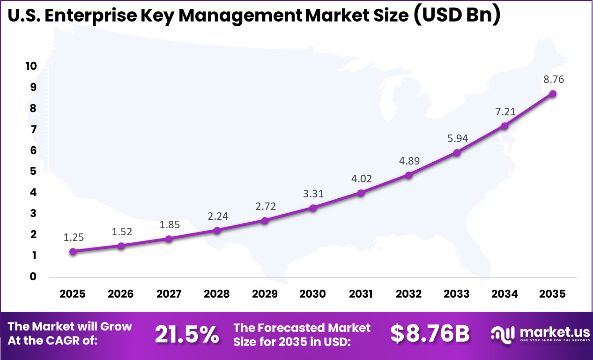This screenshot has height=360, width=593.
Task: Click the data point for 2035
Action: point(553,93)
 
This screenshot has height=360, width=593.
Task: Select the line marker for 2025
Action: point(73,251)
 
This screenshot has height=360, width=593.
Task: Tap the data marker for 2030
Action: point(313,208)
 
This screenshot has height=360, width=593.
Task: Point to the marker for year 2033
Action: point(457,152)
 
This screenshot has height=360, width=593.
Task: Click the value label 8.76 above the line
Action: point(553,79)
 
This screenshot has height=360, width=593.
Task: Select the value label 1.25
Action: point(74,237)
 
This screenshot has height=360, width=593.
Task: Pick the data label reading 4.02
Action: point(361,179)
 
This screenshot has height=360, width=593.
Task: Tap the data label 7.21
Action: point(505,112)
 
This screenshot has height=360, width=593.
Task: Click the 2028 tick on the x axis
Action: point(217,294)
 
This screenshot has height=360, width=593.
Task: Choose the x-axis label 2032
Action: point(408,294)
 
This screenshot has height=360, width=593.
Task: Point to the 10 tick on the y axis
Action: point(31,66)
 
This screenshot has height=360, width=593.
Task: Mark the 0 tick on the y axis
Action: point(33,277)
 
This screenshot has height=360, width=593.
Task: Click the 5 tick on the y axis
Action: point(33,171)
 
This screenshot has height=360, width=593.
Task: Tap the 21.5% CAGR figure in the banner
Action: point(187,334)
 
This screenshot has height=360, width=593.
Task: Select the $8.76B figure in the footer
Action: point(430,334)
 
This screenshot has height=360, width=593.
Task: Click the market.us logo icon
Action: point(502,333)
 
